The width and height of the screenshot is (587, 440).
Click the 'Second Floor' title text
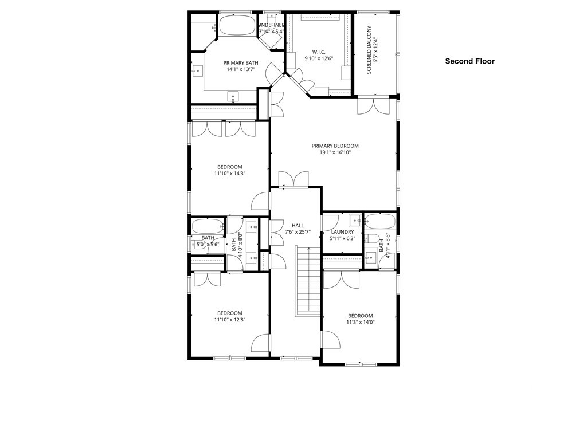tap(469, 61)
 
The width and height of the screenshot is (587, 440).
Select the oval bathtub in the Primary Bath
tap(237, 26)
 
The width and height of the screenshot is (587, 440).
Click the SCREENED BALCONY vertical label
tap(370, 50)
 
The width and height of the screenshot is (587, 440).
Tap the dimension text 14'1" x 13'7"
tap(240, 69)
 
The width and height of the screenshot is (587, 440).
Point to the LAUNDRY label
tap(343, 232)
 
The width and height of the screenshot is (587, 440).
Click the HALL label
tap(298, 226)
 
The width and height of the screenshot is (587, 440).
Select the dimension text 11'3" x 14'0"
tap(360, 323)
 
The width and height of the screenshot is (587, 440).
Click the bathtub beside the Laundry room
tap(380, 221)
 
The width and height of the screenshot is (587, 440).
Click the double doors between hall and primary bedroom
tap(293, 179)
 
